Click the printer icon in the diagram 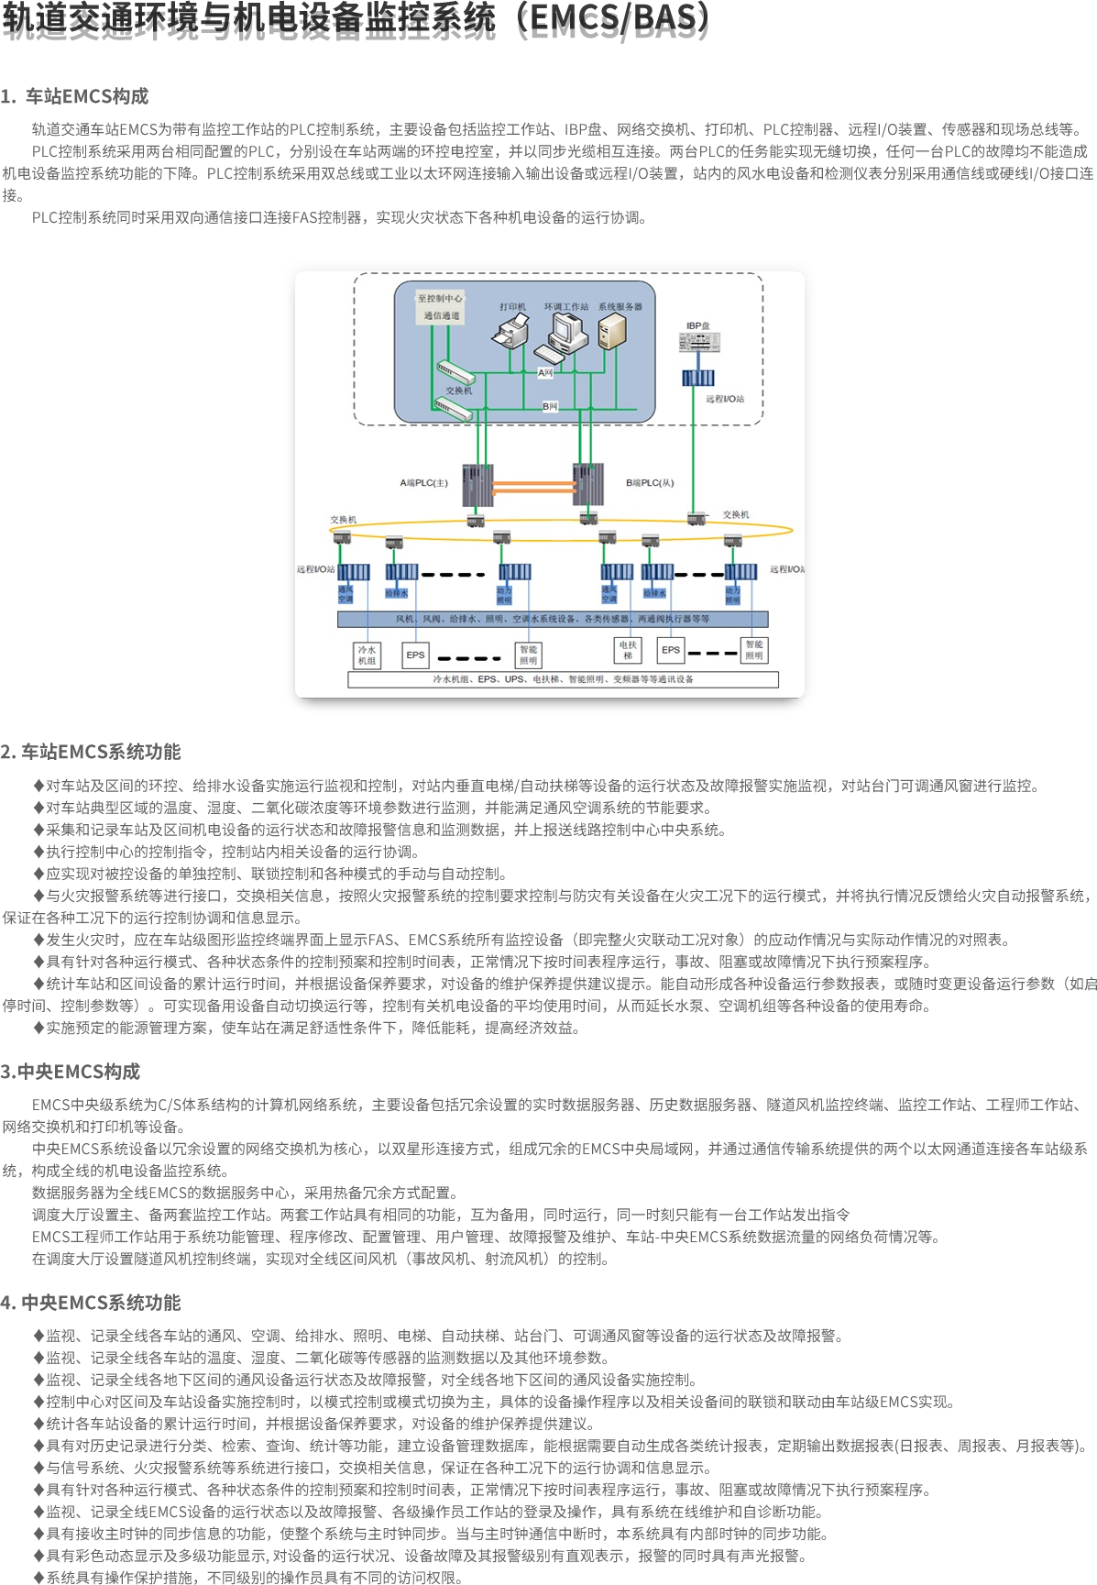(511, 329)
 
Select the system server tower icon (612, 331)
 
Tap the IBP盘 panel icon (698, 342)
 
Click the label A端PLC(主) (423, 483)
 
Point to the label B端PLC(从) (650, 483)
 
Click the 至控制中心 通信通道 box (441, 307)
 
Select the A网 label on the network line (545, 373)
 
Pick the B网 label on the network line (550, 406)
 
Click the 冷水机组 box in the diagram (367, 655)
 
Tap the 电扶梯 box (628, 650)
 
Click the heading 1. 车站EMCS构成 (75, 96)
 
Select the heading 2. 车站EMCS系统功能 (91, 752)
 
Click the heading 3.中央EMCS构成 (71, 1072)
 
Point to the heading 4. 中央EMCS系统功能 (91, 1303)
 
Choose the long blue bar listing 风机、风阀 (553, 619)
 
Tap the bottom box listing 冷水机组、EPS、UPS (563, 679)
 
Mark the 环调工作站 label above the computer (566, 306)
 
